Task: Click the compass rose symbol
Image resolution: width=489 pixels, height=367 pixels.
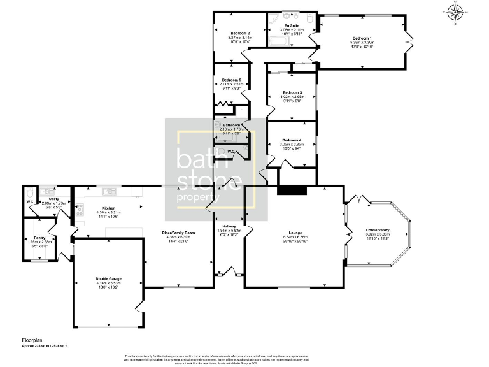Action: pos(455,11)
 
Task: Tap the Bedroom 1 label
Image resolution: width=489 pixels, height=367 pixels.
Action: pos(362,38)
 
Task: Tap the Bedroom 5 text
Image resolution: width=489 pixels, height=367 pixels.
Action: pos(231,80)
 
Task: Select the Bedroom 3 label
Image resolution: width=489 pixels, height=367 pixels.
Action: pos(292,92)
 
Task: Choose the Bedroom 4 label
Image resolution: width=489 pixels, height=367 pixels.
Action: pos(292,140)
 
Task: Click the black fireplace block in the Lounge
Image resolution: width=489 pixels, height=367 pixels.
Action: pos(292,190)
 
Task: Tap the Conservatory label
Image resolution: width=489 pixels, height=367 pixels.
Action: pos(378,230)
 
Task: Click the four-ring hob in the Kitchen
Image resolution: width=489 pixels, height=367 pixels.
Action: pos(80,210)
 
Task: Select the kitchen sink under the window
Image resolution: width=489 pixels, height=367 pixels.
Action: pos(108,191)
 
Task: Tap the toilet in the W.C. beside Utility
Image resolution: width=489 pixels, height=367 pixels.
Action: pos(30,192)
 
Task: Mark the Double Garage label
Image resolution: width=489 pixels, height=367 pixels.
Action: pos(108,278)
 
